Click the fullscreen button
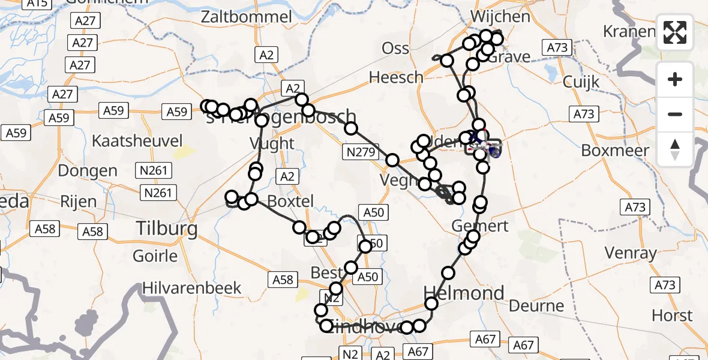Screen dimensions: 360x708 coord(675,32)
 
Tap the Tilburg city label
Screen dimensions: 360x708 coord(167,229)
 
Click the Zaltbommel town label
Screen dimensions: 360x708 coord(247,16)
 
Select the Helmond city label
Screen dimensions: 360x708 coord(464,293)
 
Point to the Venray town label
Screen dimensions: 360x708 coord(631,253)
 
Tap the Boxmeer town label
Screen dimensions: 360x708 coord(615,150)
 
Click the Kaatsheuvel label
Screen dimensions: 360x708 coord(137,142)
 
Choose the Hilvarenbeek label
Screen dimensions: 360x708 coord(192,288)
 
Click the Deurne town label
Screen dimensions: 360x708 coord(536,306)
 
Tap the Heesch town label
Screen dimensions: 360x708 coord(396,77)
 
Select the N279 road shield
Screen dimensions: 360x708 coord(362,153)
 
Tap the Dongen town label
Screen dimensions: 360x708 coord(88,170)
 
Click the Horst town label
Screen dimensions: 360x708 coord(671,315)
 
